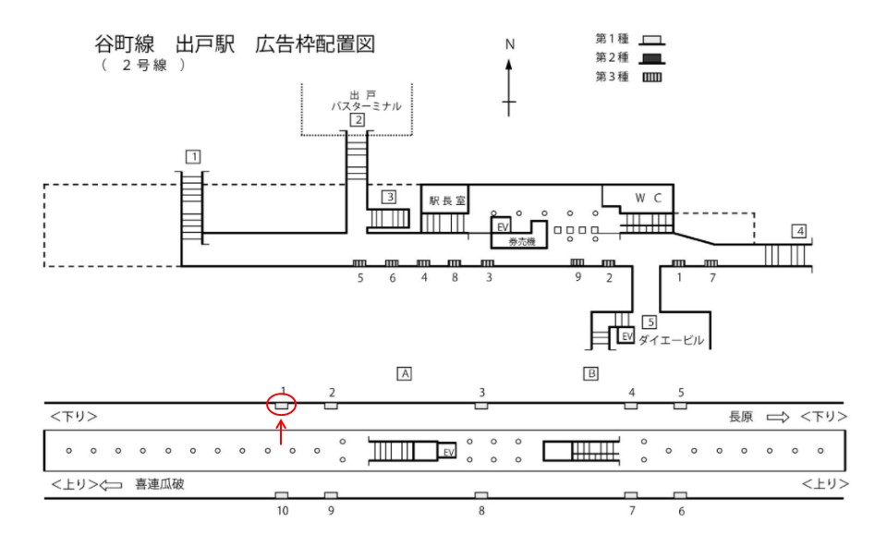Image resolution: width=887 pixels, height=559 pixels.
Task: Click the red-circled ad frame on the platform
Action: [283, 405]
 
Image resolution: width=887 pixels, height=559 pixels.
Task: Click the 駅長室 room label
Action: [446, 199]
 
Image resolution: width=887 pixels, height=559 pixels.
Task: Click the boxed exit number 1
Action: [192, 155]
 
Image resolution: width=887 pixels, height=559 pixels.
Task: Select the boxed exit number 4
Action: [799, 230]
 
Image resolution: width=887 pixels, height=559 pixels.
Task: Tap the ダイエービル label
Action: [673, 341]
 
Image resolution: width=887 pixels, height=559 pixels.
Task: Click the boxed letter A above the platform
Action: [403, 373]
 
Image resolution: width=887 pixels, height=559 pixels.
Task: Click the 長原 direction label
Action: [742, 418]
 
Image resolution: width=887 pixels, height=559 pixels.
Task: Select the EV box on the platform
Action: [448, 452]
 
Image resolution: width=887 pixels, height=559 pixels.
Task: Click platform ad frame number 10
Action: [283, 496]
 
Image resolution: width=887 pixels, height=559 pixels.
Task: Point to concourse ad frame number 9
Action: [577, 264]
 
